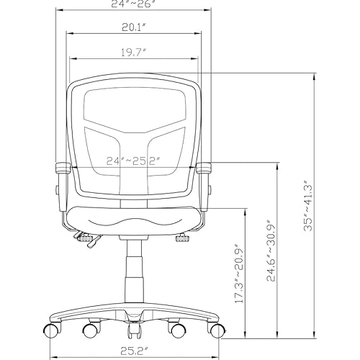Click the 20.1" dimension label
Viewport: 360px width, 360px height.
click(x=133, y=28)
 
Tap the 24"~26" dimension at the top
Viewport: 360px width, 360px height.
click(x=132, y=4)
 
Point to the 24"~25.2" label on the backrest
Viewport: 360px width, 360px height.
click(x=133, y=160)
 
